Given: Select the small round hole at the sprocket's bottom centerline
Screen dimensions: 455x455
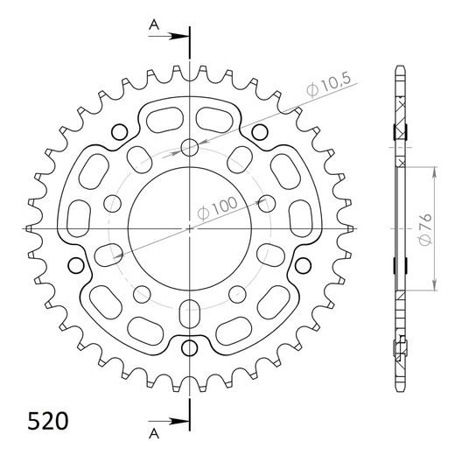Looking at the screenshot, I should coord(191,346).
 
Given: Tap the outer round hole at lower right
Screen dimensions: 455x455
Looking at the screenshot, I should coord(303,265).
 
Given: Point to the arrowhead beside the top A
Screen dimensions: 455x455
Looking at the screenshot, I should coord(183,38).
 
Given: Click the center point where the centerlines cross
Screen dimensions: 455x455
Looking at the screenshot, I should coord(191,229).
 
